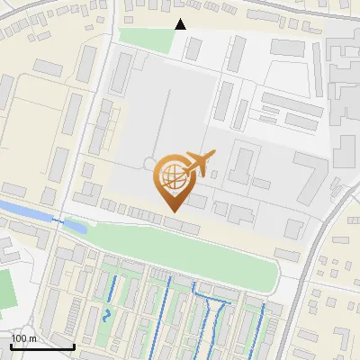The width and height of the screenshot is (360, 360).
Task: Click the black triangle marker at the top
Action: point(180,24)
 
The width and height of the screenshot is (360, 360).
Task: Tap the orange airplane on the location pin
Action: point(196,163)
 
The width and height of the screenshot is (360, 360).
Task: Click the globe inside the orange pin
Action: point(171,177)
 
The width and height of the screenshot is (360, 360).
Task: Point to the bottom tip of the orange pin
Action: point(172,211)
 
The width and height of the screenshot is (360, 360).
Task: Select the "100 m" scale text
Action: point(23,337)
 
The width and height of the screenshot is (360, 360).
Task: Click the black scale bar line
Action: point(42,346)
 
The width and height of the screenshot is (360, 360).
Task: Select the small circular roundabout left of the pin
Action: point(148,163)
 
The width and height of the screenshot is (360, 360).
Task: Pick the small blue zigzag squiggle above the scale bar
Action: point(108,315)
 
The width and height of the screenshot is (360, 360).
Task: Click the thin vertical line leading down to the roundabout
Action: point(160,117)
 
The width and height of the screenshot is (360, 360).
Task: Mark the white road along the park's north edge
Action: point(180,224)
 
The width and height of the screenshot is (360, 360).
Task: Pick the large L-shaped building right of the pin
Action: point(306,180)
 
